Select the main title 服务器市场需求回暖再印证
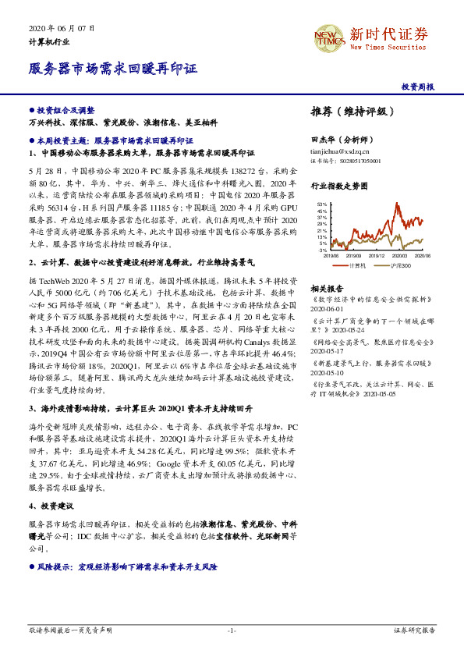pyautogui.click(x=112, y=68)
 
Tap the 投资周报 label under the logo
pyautogui.click(x=417, y=87)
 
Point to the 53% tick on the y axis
pyautogui.click(x=322, y=204)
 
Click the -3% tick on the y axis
pyautogui.click(x=323, y=250)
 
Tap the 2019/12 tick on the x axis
pyautogui.click(x=376, y=255)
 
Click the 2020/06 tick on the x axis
pyautogui.click(x=422, y=255)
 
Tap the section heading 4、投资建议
pyautogui.click(x=51, y=506)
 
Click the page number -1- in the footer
pyautogui.click(x=232, y=630)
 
